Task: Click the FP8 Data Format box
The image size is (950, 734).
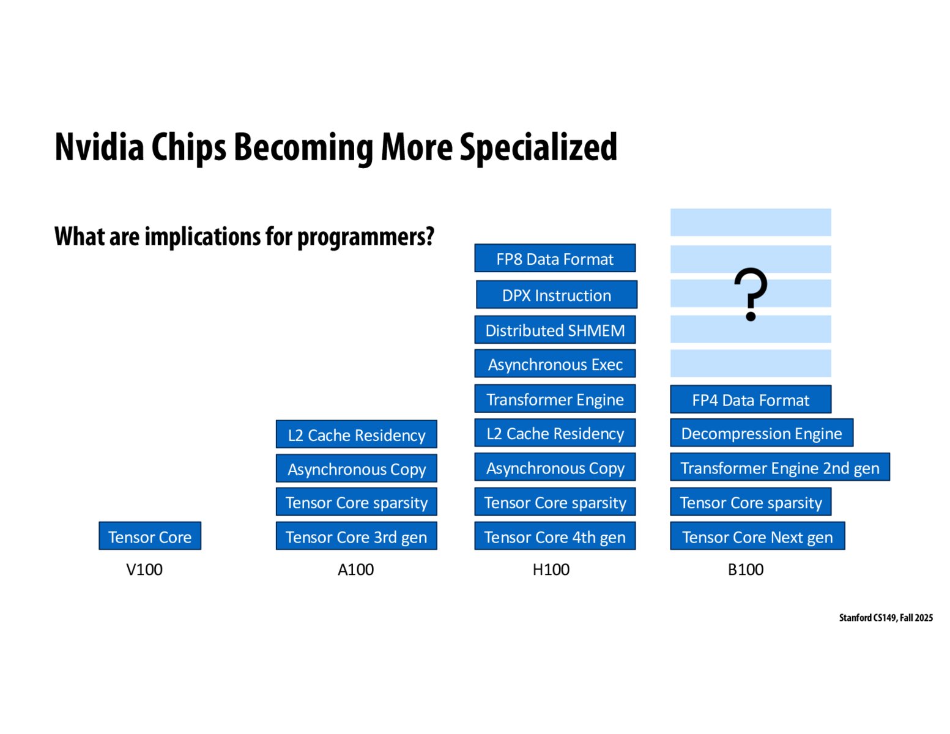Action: [555, 258]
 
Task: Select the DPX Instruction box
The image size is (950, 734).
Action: [557, 295]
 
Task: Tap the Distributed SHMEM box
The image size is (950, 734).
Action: [555, 330]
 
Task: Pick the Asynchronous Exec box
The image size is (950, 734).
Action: [555, 363]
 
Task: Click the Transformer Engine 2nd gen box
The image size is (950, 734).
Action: [780, 467]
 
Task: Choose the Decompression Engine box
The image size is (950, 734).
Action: [762, 433]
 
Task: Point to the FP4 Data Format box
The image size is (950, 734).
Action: [751, 399]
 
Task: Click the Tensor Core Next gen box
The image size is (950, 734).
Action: [758, 536]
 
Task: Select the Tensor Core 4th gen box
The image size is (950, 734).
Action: [555, 536]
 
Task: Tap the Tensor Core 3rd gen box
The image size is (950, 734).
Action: [356, 536]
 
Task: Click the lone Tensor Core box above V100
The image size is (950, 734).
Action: [150, 536]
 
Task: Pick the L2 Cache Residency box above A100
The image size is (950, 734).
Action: [356, 434]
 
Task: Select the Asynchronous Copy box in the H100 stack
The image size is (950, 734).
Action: [555, 467]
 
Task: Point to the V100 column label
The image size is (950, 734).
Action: [144, 569]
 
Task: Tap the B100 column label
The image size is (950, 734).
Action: [746, 569]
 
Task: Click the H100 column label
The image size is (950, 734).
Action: [551, 569]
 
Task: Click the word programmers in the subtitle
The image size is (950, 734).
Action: [365, 237]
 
